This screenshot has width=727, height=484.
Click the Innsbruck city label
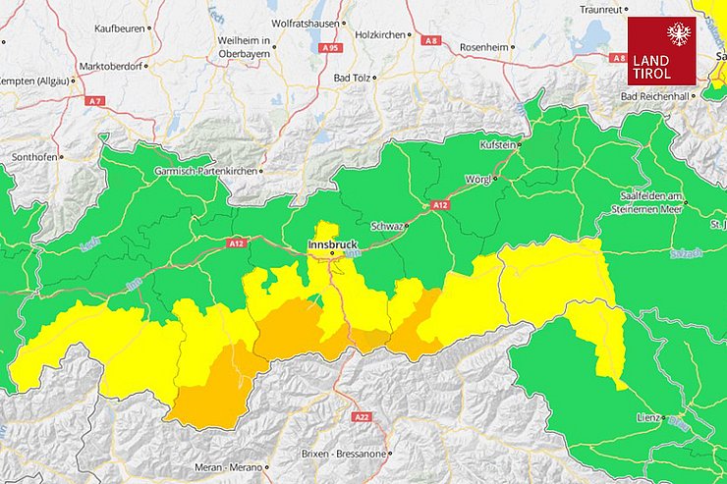pyautogui.click(x=332, y=243)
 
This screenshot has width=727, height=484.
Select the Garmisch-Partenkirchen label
pyautogui.click(x=204, y=171)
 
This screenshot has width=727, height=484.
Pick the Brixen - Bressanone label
pyautogui.click(x=342, y=454)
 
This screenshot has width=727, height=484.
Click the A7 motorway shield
pyautogui.click(x=94, y=101)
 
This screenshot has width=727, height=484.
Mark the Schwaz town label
pyautogui.click(x=387, y=225)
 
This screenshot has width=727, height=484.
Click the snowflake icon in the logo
pyautogui.click(x=679, y=35)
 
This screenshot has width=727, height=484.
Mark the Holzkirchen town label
pyautogui.click(x=377, y=34)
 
